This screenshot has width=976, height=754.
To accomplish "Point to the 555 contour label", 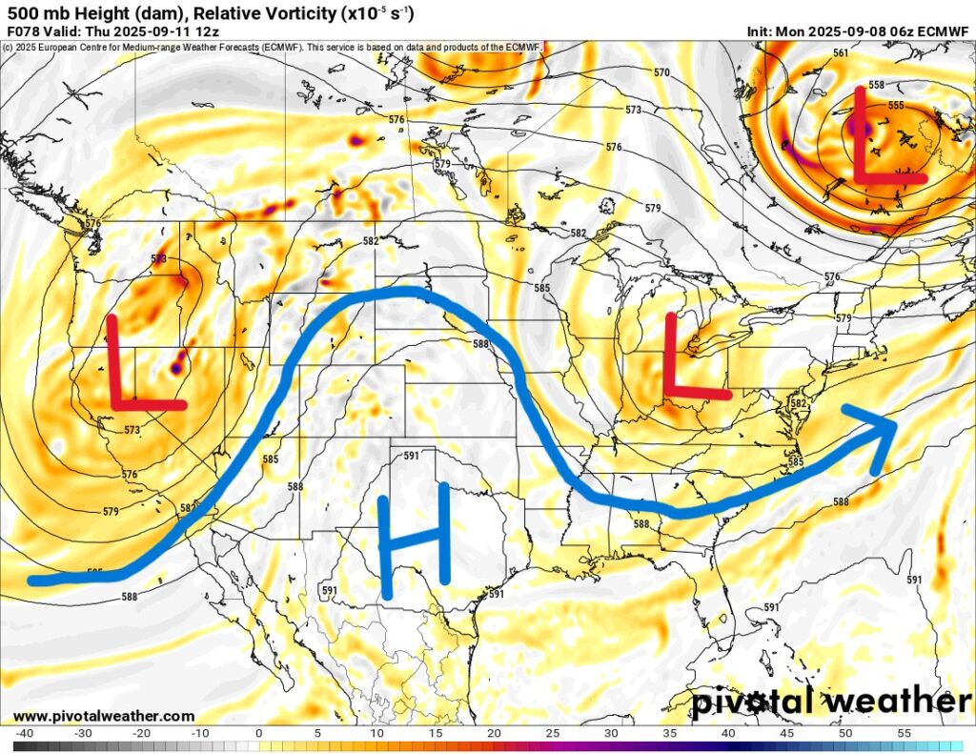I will [x=895, y=106].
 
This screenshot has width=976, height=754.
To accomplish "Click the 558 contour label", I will [x=876, y=85].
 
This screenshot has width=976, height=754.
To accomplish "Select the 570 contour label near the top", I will [x=661, y=72].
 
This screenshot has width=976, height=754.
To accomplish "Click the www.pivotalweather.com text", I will [x=104, y=716].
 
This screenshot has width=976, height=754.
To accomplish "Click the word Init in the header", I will [x=761, y=31].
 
